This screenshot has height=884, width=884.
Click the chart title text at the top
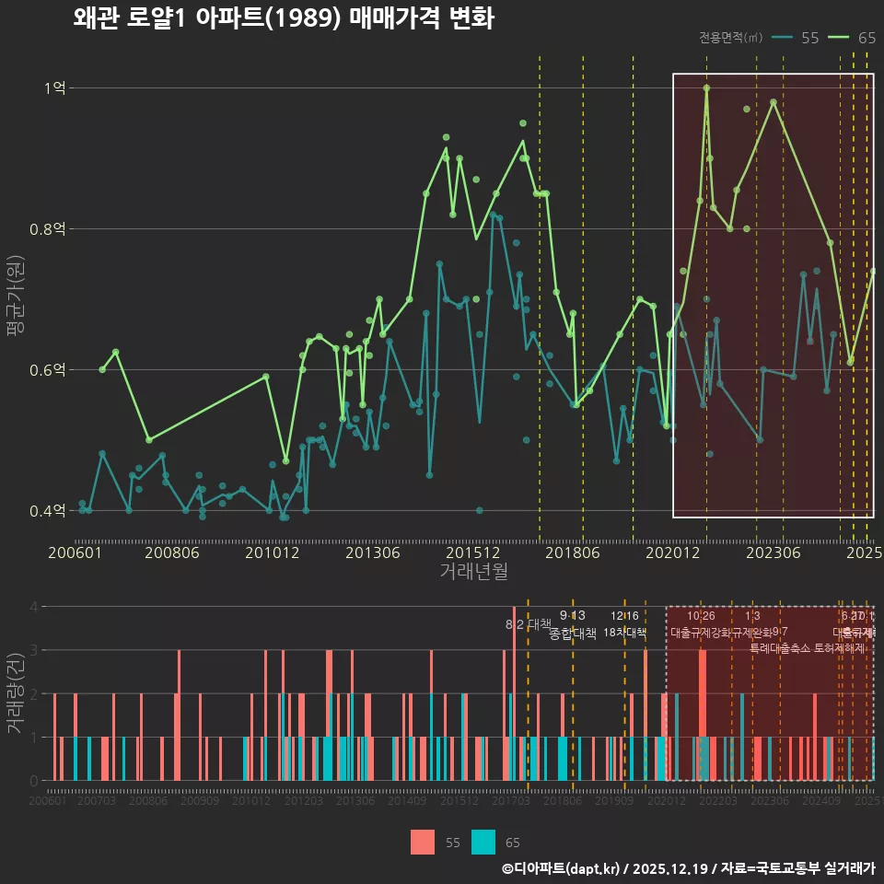(284, 18)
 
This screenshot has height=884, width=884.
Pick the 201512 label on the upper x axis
(472, 553)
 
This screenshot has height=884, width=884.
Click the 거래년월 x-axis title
(473, 572)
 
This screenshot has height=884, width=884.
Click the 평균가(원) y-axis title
(16, 299)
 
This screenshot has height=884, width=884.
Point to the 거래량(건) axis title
(16, 692)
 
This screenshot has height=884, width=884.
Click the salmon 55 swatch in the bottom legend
(423, 842)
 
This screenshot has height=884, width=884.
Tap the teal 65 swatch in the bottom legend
(483, 842)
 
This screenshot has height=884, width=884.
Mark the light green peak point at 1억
(706, 88)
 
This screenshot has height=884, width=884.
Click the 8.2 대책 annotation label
(528, 624)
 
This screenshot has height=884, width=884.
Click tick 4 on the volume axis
(34, 607)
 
